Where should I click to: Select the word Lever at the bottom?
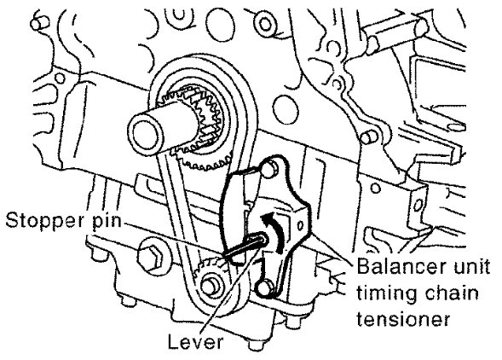click(195, 342)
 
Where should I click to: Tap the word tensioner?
click(404, 319)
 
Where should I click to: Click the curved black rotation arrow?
click(274, 229)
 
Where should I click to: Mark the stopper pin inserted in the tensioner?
click(245, 246)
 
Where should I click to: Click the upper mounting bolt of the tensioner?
click(269, 169)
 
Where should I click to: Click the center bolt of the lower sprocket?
click(210, 286)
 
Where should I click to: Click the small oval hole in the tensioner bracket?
click(300, 225)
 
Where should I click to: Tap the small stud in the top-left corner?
click(40, 23)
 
